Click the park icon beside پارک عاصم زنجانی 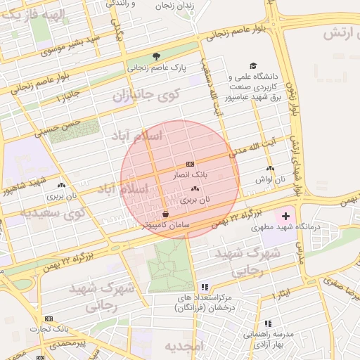[156, 56]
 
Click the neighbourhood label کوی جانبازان [147, 94]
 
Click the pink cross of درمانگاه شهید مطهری [285, 214]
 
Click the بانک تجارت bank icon [49, 319]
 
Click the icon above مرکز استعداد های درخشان [204, 287]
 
